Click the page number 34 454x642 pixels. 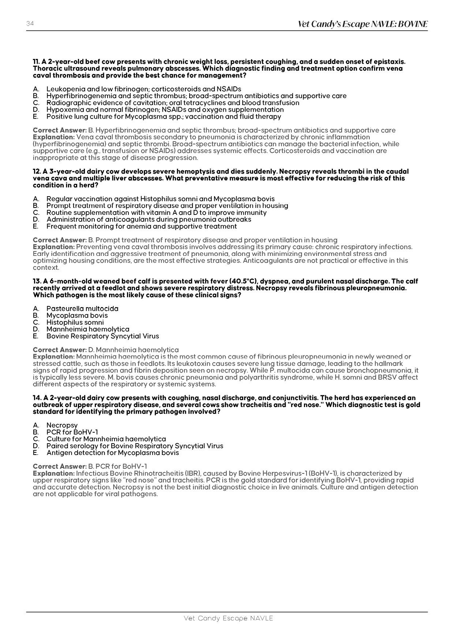pos(30,24)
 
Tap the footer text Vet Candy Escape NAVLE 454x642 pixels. pos(228,618)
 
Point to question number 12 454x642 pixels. pos(37,171)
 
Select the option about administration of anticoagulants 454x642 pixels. pos(149,219)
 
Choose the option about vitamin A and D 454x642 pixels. pos(156,213)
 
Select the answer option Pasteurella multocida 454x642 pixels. pos(82,309)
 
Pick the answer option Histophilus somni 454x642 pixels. pos(75,322)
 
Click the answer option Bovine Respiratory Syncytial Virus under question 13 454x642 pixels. pos(102,336)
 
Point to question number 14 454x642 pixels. pos(37,398)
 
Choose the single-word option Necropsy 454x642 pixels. pos(62,425)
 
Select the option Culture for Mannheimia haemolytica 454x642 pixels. pos(106,439)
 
